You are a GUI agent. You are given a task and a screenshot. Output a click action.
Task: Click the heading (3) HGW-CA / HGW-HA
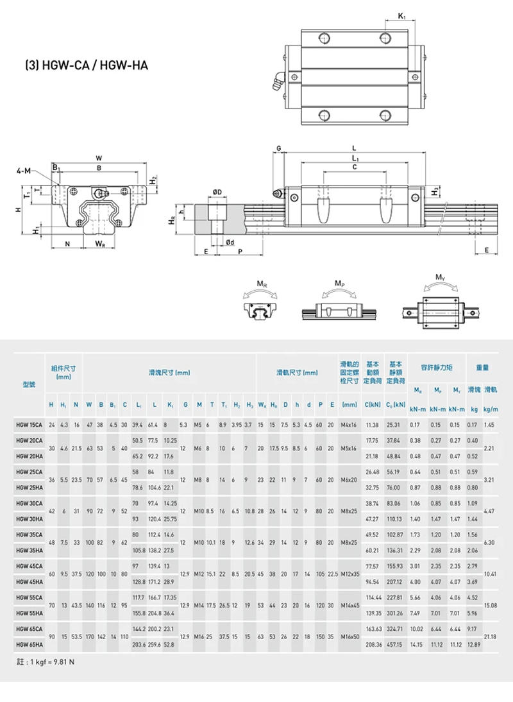(x=86, y=65)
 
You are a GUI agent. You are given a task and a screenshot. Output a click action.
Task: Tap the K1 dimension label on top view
(x=401, y=15)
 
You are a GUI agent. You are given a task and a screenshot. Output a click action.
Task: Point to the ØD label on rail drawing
(x=218, y=191)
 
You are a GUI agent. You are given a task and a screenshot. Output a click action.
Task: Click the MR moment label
(x=262, y=284)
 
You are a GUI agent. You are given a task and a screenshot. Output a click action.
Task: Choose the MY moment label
(x=440, y=277)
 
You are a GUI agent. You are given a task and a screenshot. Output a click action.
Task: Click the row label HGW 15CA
(x=29, y=425)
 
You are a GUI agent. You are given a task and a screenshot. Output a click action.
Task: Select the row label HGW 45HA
(x=29, y=582)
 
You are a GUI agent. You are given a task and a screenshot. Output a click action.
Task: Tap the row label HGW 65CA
(x=29, y=629)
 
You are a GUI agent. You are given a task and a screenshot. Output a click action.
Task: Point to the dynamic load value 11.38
(x=372, y=425)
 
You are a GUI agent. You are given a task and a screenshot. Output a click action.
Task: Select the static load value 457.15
(x=394, y=644)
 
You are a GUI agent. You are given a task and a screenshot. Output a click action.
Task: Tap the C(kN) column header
(x=373, y=405)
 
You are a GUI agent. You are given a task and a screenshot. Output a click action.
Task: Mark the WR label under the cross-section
(x=100, y=244)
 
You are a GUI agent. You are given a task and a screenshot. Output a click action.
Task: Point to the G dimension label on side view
(x=279, y=148)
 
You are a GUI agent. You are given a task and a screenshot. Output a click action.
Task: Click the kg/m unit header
(x=491, y=409)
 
